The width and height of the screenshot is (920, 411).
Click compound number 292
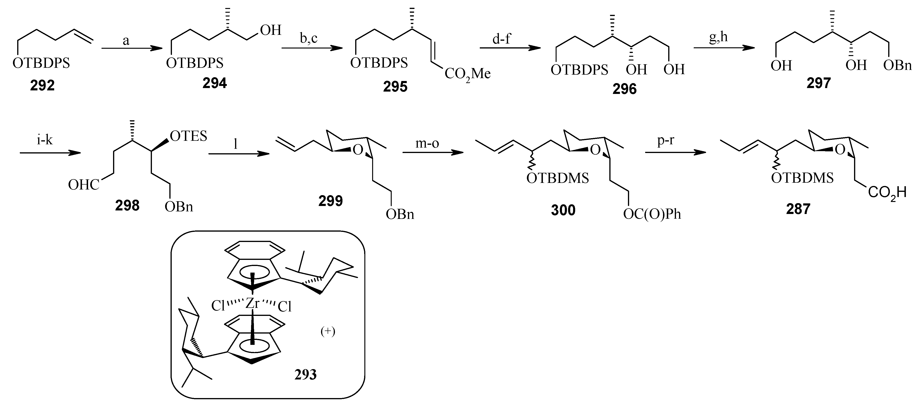pos(42,85)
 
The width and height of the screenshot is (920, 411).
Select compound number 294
pos(215,83)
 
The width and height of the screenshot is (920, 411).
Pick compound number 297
pos(818,83)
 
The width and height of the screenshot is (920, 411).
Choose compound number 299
pos(330,201)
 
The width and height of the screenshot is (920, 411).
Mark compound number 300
pos(563,210)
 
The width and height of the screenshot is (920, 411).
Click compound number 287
pos(798,209)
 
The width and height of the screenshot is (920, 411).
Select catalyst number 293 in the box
pos(305,374)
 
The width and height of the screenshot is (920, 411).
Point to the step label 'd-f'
pos(501,39)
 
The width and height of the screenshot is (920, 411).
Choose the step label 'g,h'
pos(718,37)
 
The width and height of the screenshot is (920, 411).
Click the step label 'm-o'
pos(427,143)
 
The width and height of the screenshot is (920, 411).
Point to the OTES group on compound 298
pos(188,136)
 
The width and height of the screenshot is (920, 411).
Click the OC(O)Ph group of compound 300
pos(652,214)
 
